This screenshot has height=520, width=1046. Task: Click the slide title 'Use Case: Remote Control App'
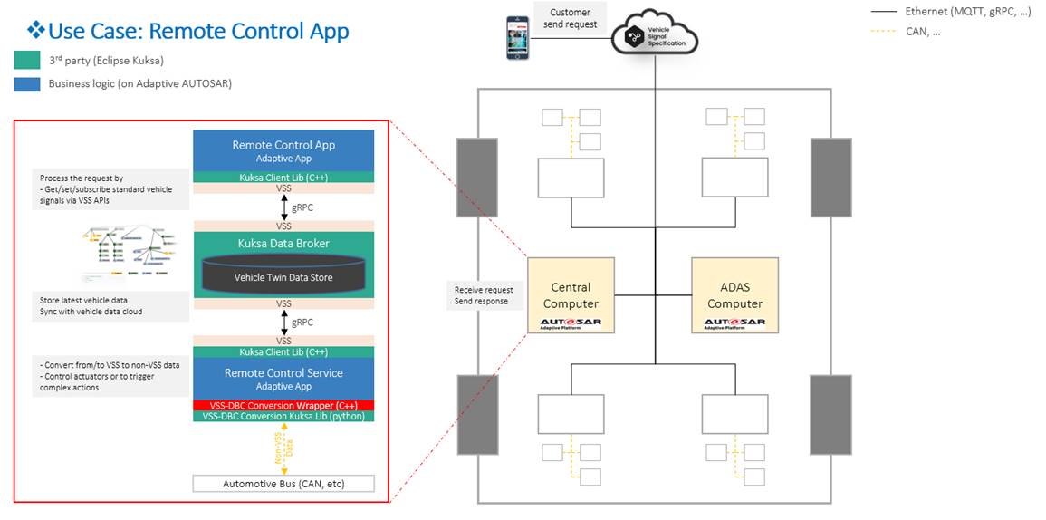pyautogui.click(x=197, y=31)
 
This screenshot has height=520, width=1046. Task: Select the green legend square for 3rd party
pyautogui.click(x=27, y=61)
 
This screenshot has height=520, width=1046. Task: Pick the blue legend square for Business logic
pyautogui.click(x=27, y=84)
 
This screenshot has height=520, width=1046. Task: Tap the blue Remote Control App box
pyautogui.click(x=283, y=149)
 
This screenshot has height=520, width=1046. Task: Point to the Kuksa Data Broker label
pyautogui.click(x=283, y=244)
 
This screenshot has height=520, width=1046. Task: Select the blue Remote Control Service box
pyautogui.click(x=283, y=378)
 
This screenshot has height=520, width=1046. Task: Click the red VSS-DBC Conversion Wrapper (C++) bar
pyautogui.click(x=283, y=404)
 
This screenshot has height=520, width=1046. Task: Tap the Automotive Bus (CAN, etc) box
pyautogui.click(x=283, y=484)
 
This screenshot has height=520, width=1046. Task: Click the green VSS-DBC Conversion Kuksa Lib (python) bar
pyautogui.click(x=283, y=416)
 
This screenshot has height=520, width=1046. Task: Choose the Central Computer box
pyautogui.click(x=571, y=295)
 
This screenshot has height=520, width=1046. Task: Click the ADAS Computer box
pyautogui.click(x=734, y=295)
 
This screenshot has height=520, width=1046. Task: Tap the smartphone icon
pyautogui.click(x=518, y=38)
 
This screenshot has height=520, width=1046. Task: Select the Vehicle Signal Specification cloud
pyautogui.click(x=655, y=33)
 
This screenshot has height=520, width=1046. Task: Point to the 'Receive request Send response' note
pyautogui.click(x=482, y=295)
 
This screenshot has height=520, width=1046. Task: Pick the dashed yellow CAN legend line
pyautogui.click(x=884, y=31)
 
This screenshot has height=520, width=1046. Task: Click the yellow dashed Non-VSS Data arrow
pyautogui.click(x=283, y=447)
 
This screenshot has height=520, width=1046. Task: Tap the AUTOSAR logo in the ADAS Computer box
pyautogui.click(x=734, y=323)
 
